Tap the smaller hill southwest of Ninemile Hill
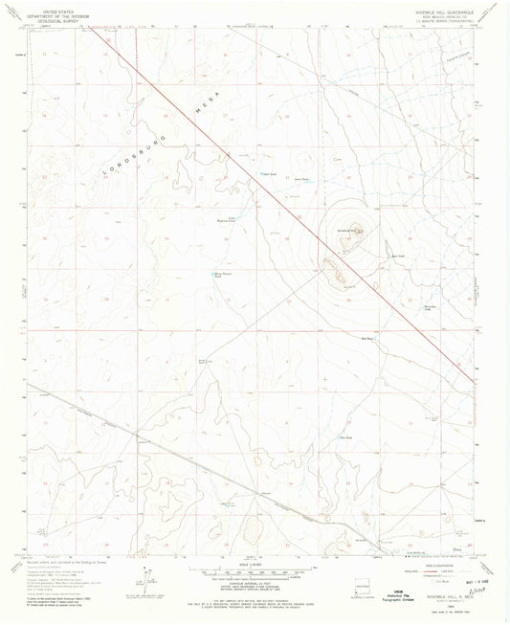(x=338, y=276)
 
